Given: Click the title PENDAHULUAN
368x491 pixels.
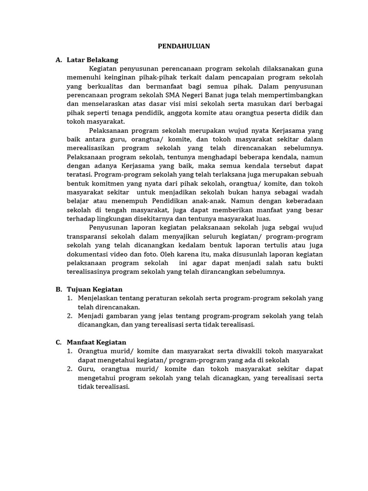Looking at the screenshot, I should [184, 47].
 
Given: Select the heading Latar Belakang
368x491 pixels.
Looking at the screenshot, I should [92, 59].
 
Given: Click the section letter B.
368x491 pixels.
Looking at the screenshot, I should [58, 289].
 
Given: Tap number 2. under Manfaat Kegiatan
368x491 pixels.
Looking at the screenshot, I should [70, 369].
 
